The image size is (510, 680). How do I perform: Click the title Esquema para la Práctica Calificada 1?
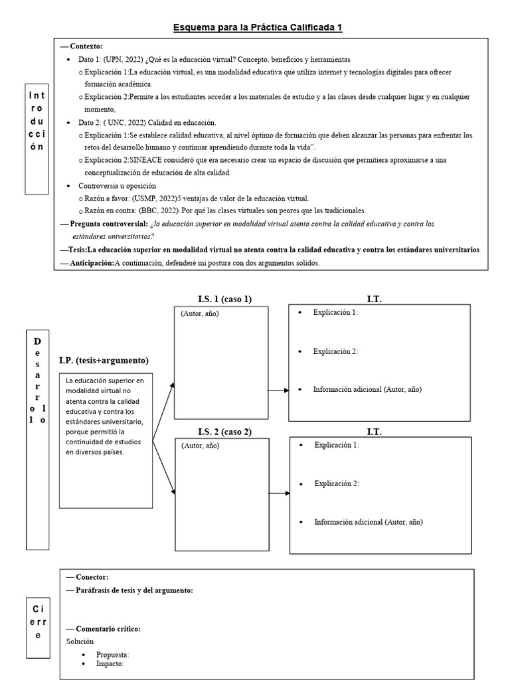(258, 27)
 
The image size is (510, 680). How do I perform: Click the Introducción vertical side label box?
(37, 139)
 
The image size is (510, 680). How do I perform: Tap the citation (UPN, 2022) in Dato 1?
(124, 59)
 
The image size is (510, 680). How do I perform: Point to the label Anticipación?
(91, 263)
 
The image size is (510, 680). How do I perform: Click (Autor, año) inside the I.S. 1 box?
(199, 313)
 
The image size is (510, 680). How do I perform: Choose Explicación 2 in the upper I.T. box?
(335, 351)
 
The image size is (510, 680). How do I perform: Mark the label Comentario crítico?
(108, 628)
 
